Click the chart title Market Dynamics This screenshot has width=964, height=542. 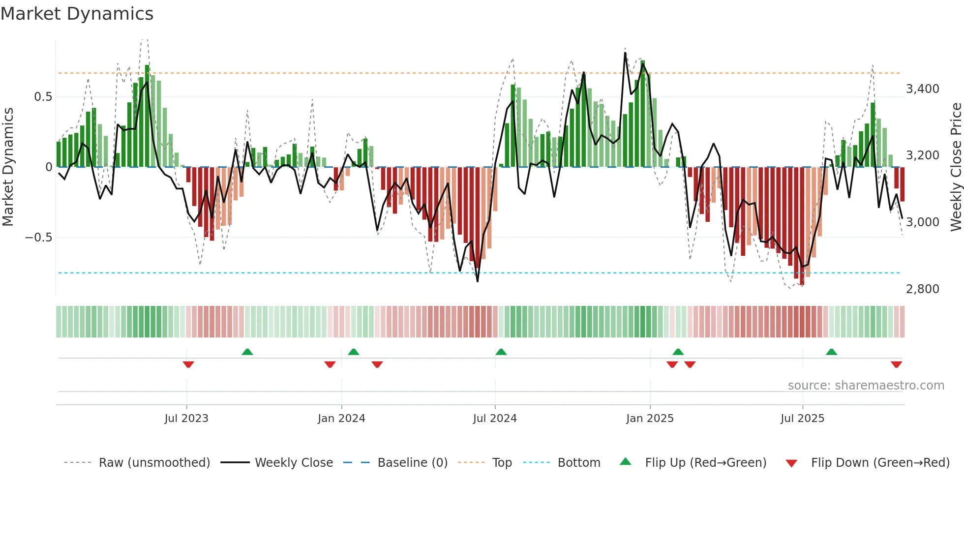77,14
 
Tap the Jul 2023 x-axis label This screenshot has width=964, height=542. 186,419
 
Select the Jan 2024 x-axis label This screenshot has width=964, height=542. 341,419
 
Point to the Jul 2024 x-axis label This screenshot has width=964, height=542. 495,419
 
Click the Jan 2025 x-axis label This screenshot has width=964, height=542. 650,419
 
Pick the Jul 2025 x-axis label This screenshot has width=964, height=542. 802,419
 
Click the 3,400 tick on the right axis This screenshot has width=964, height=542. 923,89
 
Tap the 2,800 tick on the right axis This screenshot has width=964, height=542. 923,289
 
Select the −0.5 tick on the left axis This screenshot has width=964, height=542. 39,238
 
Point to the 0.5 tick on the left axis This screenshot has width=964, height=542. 43,97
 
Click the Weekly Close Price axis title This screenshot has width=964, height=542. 956,167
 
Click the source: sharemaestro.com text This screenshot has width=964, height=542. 866,386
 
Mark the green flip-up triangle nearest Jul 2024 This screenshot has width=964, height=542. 501,352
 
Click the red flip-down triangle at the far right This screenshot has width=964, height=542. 896,364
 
